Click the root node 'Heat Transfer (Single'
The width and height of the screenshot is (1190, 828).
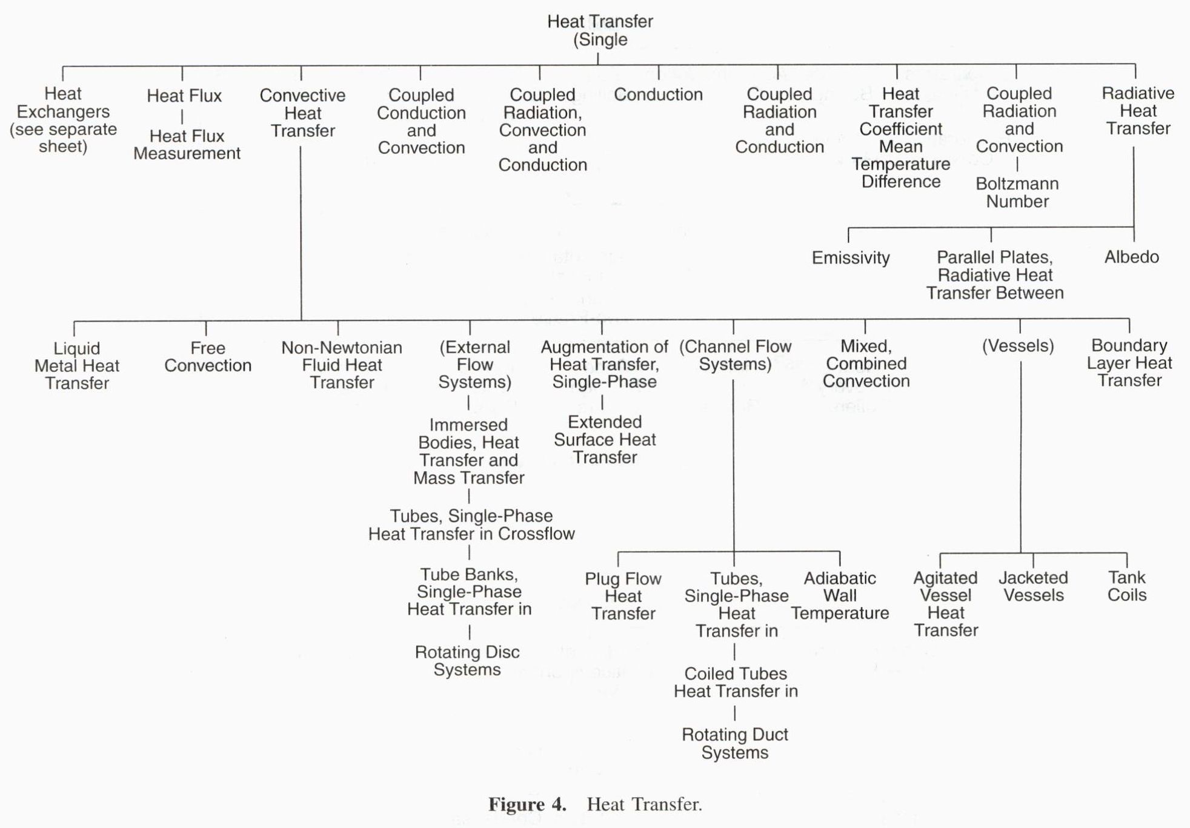point(600,30)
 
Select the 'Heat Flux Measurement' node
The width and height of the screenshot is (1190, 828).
point(187,145)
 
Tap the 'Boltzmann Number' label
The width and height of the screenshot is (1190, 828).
point(1017,193)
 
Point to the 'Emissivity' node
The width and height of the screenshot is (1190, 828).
point(851,258)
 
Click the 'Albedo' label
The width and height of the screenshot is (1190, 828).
point(1131,257)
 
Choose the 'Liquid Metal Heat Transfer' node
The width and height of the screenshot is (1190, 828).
point(77,366)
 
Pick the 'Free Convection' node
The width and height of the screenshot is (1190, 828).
point(208,357)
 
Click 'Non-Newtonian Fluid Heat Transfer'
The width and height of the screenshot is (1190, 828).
point(342,365)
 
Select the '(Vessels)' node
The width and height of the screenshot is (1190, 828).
point(1018,346)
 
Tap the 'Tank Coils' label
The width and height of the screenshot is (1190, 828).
point(1127,586)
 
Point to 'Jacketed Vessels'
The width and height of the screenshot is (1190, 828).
point(1033,586)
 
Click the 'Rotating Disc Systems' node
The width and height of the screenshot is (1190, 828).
point(467,661)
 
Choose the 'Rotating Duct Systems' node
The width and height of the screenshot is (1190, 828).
point(735,743)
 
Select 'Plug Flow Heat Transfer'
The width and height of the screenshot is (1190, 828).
point(623,596)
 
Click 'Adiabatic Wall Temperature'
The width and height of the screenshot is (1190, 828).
point(840,595)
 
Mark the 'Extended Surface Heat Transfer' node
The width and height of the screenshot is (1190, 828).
point(605,440)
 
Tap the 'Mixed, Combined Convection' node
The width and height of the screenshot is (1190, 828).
point(866,363)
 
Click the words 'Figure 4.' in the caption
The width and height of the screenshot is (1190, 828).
point(527,804)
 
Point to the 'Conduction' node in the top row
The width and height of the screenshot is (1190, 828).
point(658,94)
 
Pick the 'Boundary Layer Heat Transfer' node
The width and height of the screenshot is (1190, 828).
point(1129,363)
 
